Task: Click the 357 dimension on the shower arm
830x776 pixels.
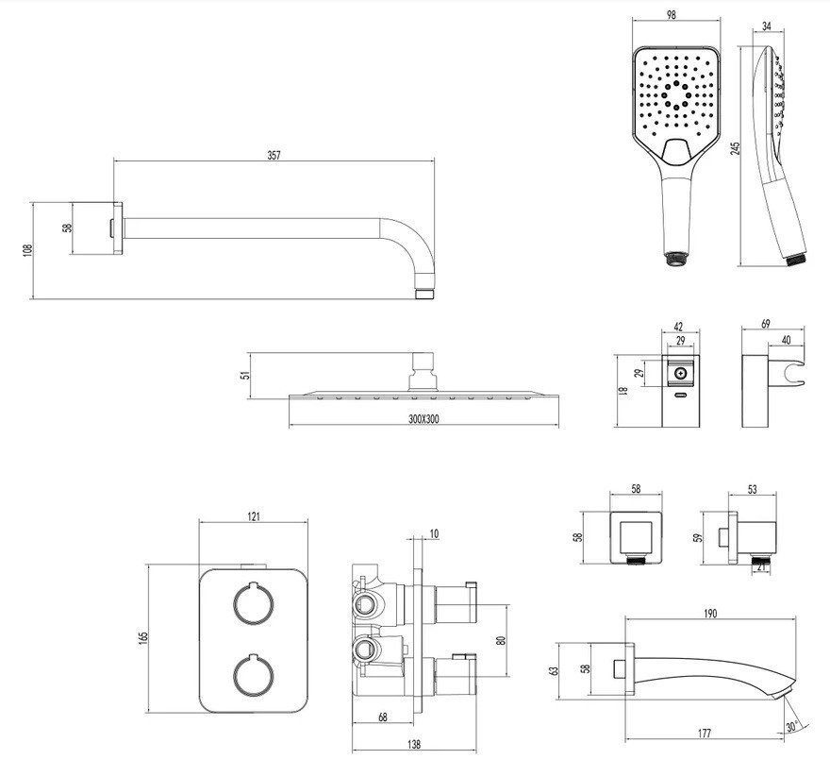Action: [x=274, y=155]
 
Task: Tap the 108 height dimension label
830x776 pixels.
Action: [x=28, y=250]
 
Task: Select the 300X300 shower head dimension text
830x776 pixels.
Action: [x=423, y=419]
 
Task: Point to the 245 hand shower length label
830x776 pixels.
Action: [x=735, y=148]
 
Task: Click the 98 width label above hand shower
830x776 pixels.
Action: [x=672, y=15]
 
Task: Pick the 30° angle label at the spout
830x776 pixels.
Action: [x=791, y=727]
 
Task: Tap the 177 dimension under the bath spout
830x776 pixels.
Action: [x=704, y=734]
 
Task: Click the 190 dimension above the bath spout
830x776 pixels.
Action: [x=710, y=613]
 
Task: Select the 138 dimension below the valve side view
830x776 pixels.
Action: [x=414, y=744]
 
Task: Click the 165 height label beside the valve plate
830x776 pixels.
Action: [x=143, y=638]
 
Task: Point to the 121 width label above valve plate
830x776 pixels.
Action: [x=254, y=516]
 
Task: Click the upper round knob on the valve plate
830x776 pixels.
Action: [x=254, y=603]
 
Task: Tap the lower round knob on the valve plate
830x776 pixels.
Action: [x=254, y=675]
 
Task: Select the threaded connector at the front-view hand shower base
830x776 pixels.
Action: [x=675, y=259]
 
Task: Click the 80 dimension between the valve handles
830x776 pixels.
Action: [x=501, y=640]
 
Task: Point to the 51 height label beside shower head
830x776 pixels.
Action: [x=244, y=375]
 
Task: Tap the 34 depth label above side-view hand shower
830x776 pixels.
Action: [x=767, y=25]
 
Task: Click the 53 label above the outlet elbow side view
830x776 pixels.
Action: [x=753, y=489]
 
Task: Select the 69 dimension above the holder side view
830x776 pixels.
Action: [x=766, y=324]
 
